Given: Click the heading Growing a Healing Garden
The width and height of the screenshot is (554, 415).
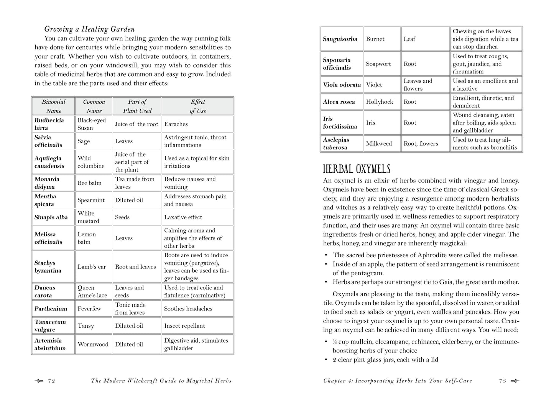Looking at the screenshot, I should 89,29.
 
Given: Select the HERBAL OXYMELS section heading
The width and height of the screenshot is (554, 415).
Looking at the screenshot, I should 357,169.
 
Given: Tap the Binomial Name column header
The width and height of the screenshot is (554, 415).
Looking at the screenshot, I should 53,106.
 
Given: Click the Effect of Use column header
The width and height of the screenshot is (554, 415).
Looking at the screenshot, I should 197,106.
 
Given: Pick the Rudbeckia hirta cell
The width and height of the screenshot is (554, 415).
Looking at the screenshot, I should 53,124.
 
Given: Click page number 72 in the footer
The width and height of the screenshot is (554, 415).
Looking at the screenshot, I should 52,381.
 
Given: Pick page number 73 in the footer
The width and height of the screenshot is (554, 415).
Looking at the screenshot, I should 502,381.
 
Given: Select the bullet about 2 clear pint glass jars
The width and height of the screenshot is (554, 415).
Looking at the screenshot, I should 385,359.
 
